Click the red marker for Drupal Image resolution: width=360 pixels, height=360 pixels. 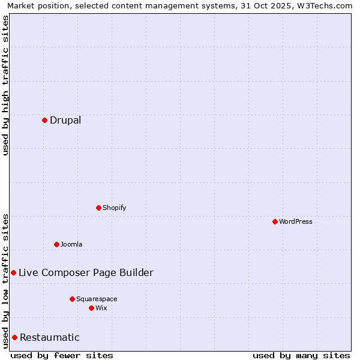44,120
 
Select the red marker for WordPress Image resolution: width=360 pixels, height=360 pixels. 275,221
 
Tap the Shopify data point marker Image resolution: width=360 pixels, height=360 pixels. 98,208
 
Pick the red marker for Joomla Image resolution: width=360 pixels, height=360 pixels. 56,244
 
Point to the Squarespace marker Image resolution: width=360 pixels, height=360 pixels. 72,299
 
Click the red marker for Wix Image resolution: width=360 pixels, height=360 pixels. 91,308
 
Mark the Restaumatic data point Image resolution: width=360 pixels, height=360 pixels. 14,337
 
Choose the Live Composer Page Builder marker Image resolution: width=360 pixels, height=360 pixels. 13,272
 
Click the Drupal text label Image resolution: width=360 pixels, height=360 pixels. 65,120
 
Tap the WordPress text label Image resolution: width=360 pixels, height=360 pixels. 296,221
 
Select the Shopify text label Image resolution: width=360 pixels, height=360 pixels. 114,208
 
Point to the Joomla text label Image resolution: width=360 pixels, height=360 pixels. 71,244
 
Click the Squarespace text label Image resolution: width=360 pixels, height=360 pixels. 97,299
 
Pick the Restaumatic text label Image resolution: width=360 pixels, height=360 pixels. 49,337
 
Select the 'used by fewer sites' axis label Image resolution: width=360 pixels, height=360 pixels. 62,355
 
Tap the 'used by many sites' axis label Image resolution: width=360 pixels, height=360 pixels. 301,355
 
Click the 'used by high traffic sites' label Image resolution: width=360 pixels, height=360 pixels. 5,85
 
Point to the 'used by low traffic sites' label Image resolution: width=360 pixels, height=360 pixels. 5,281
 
